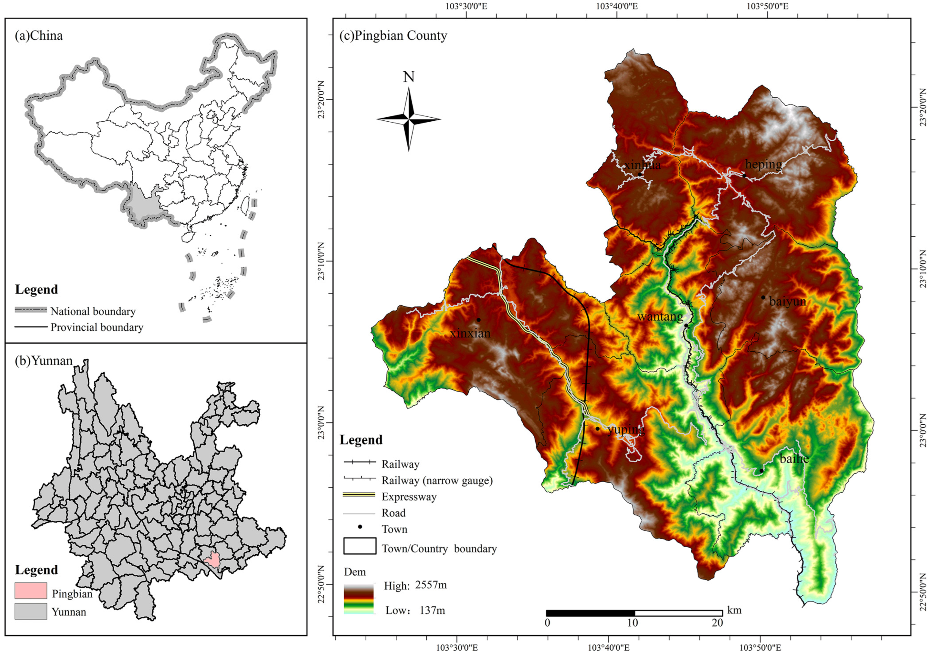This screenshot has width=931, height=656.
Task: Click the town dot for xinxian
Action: tap(478, 320)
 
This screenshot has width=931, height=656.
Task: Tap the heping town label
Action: tap(764, 165)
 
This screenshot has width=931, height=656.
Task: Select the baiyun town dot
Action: tap(763, 297)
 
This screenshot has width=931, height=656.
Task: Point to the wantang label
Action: tap(660, 316)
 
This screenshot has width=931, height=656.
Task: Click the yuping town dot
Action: tap(597, 428)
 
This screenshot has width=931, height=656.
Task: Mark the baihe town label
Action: tap(794, 459)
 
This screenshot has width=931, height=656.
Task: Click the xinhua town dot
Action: tap(640, 174)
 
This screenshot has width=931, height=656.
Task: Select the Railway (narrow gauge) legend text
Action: tap(437, 481)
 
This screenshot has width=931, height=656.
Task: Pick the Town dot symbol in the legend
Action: tap(360, 526)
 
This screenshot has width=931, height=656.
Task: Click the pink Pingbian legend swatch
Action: tap(31, 591)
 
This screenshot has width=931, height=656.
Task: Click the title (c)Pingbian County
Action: tap(393, 36)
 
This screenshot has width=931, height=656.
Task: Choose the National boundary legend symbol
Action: tap(31, 310)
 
